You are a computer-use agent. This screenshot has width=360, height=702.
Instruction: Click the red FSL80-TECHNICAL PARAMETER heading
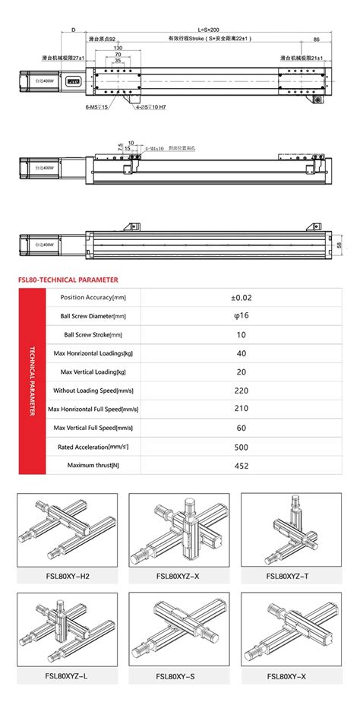65,278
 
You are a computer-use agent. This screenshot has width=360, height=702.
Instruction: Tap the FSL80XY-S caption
178,675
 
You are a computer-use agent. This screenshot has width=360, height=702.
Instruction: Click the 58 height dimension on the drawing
339,245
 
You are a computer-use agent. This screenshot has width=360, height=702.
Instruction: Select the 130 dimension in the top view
118,48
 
